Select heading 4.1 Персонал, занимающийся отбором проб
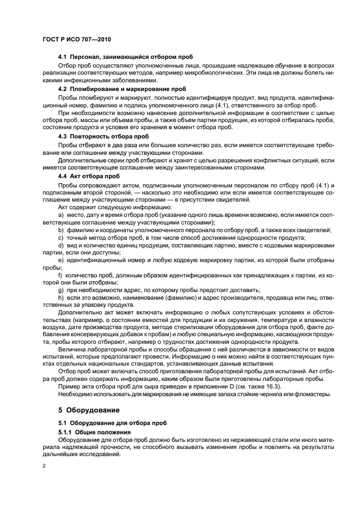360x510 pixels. (x=125, y=57)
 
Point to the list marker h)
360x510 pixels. (x=60, y=299)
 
